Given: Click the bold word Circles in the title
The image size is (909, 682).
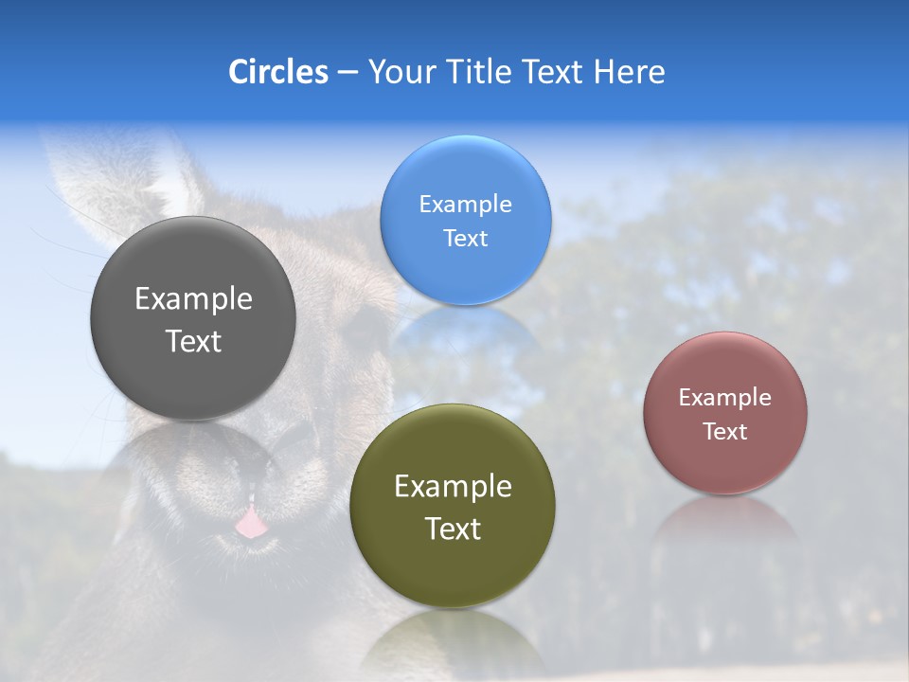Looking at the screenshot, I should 277,72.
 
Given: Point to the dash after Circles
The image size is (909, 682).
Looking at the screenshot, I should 348,73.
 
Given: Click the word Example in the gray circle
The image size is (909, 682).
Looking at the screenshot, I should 193,299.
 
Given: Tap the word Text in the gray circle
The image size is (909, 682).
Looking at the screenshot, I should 193,341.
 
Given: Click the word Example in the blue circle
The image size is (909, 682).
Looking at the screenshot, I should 465,205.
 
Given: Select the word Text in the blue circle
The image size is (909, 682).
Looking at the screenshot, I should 465,239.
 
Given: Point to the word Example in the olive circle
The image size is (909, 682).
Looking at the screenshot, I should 453,487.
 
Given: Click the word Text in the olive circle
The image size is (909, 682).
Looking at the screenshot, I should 453,529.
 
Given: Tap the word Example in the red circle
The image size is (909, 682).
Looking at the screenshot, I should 725,398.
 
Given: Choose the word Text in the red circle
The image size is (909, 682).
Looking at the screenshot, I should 725,432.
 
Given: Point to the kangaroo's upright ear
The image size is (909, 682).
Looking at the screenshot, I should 123,180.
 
